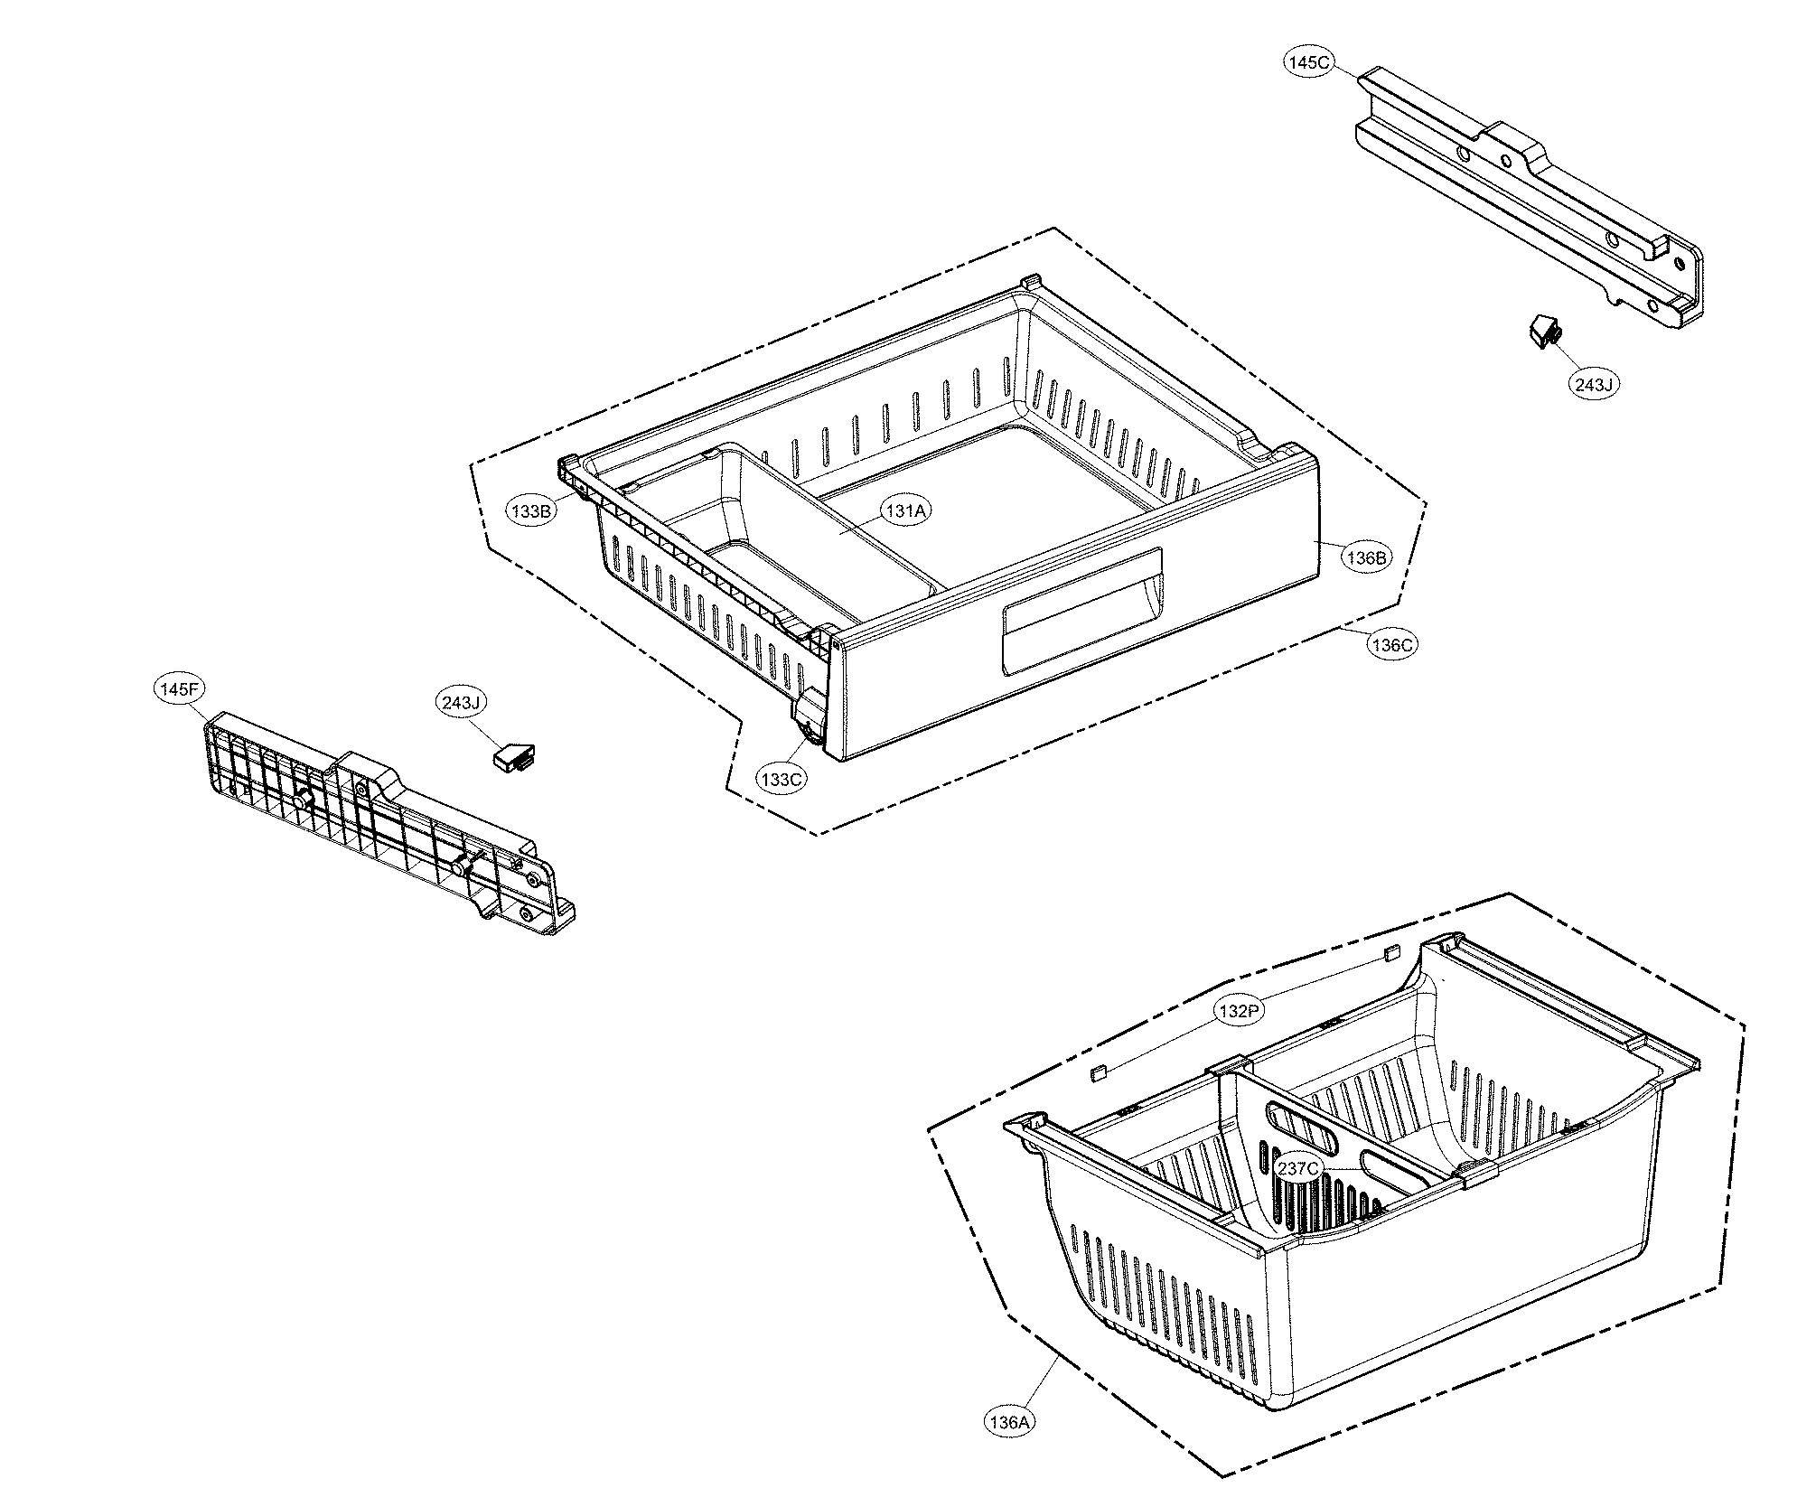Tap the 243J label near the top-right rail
1593,384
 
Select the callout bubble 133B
530,511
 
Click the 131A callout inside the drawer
906,511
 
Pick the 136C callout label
1390,645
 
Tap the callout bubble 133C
782,779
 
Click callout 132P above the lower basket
1237,1011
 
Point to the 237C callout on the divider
1298,1168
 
